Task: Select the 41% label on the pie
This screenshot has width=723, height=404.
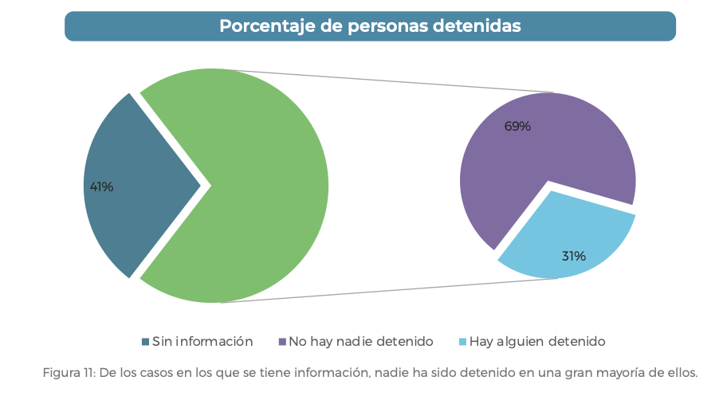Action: coord(101,187)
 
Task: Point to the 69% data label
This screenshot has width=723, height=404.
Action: coord(517,126)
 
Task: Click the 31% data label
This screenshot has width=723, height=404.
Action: coord(573,256)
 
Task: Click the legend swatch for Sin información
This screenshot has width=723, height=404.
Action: coord(145,342)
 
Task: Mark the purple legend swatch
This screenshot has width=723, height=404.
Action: coord(282,342)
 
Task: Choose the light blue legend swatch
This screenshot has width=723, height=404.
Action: coord(462,342)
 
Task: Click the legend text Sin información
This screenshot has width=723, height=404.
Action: coord(202,342)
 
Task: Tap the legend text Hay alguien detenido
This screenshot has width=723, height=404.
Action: coord(537,342)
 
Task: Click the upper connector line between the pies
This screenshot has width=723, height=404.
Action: coord(383,81)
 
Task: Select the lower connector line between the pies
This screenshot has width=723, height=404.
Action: coord(383,291)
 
